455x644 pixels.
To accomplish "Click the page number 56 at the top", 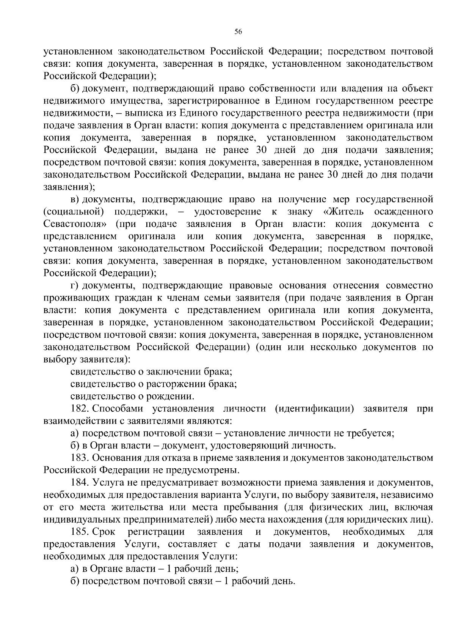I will [238, 32].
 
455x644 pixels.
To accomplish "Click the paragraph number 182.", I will [79, 409].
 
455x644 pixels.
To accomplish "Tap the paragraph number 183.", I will [79, 458].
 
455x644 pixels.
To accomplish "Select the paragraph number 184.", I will [79, 483].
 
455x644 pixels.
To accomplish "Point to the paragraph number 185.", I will [79, 532].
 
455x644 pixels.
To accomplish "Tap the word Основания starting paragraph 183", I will [115, 458].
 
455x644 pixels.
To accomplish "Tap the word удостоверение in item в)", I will [227, 211].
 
